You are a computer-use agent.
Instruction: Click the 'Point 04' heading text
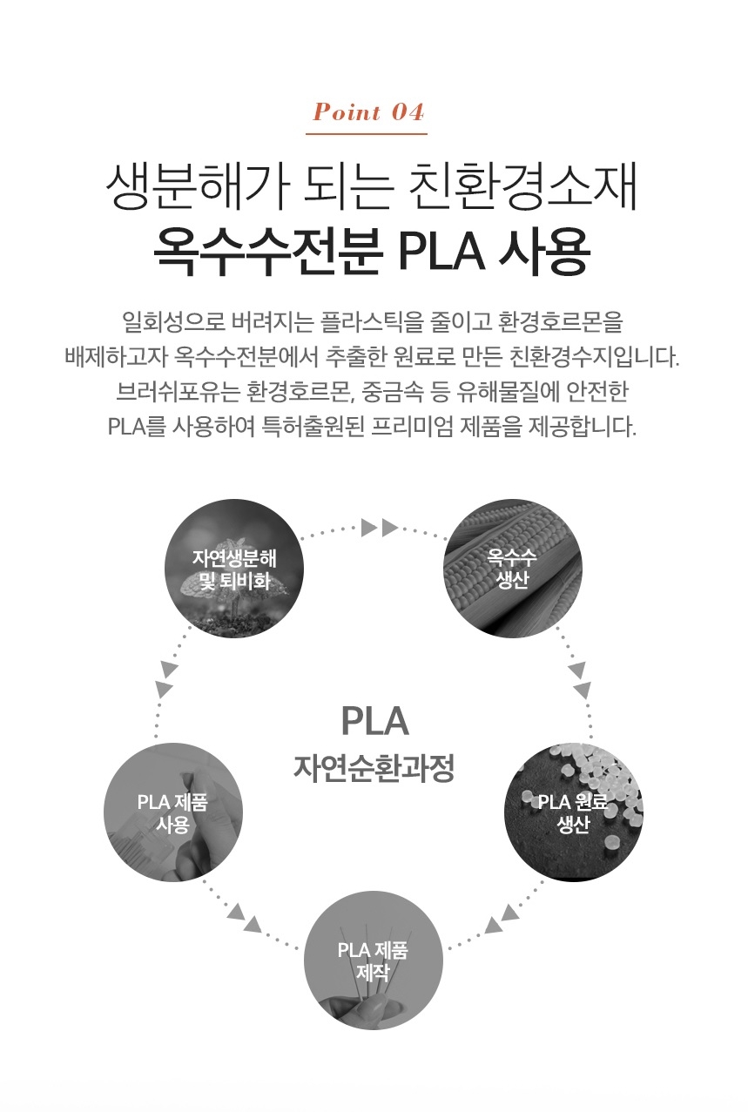click(x=368, y=112)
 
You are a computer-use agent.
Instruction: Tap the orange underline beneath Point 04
click(x=367, y=134)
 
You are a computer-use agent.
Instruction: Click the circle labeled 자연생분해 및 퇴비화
click(x=234, y=568)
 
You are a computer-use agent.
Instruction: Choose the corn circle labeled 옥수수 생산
click(x=513, y=568)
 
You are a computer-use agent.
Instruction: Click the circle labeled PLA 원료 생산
click(x=574, y=812)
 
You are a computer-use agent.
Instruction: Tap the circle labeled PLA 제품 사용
click(x=173, y=812)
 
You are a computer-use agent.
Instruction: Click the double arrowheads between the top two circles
click(x=379, y=527)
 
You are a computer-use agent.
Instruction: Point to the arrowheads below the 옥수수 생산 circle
click(x=579, y=680)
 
